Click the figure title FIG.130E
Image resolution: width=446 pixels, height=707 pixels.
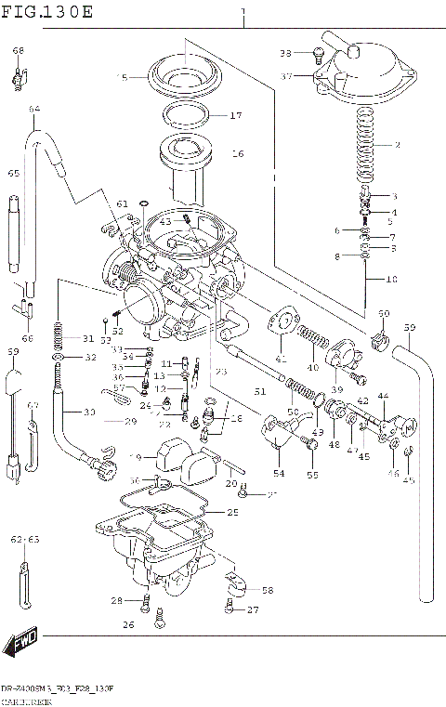47,11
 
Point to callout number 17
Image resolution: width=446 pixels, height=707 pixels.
235,116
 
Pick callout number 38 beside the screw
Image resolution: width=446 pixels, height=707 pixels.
286,53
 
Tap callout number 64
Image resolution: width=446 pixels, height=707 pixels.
34,110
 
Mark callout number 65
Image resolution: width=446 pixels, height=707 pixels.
14,173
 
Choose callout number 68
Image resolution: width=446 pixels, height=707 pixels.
19,50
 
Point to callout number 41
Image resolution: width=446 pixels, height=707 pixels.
282,358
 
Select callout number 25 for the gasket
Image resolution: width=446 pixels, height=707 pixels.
232,512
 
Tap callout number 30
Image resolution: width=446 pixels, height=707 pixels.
89,412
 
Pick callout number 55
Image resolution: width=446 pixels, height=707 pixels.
312,475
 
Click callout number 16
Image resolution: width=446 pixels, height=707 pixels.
236,154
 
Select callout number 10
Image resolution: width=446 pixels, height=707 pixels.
391,279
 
